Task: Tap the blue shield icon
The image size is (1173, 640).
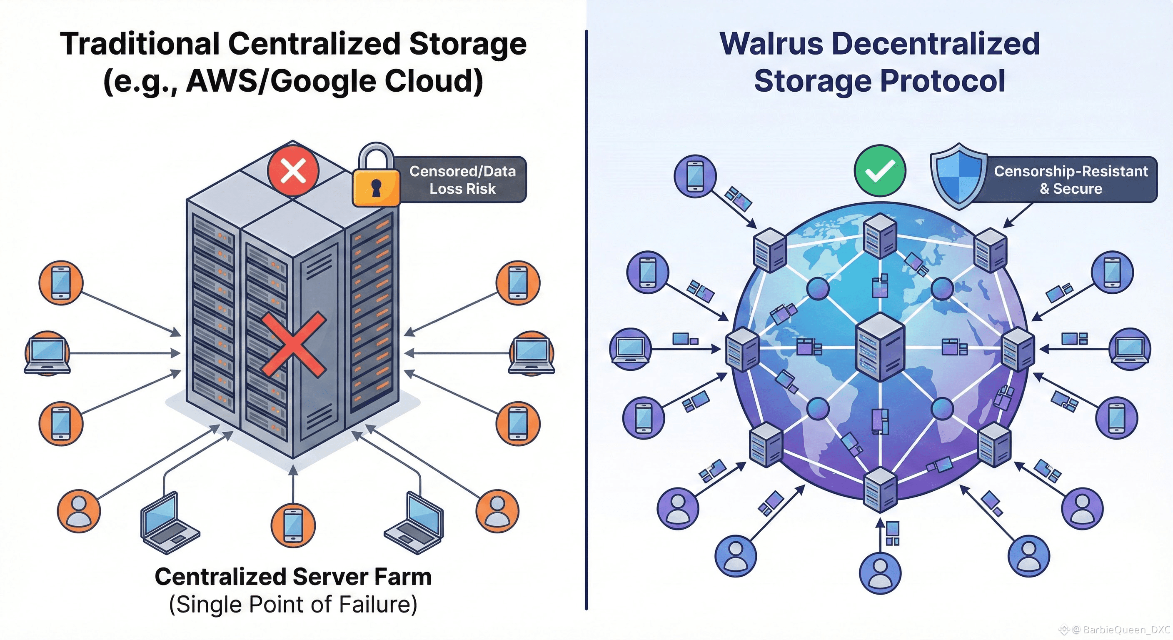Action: click(958, 177)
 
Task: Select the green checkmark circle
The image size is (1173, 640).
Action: click(880, 171)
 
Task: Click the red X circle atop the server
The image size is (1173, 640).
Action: click(293, 171)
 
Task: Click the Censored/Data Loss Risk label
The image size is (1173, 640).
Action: click(462, 180)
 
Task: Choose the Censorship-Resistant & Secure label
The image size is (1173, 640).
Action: click(1071, 180)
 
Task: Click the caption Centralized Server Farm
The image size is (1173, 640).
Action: click(293, 577)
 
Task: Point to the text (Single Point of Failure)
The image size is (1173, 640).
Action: click(293, 605)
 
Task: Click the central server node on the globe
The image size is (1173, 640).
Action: click(880, 346)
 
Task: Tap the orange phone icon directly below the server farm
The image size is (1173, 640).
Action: click(293, 525)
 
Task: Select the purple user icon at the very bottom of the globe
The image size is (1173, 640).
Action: click(880, 572)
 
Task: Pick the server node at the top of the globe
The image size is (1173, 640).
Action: click(880, 235)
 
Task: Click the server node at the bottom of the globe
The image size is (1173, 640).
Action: click(880, 490)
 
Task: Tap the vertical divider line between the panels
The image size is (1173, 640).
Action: click(586, 319)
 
